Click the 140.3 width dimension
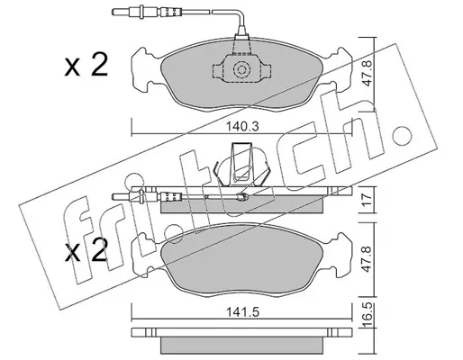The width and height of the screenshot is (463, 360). (242, 127)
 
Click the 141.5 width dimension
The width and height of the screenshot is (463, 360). (242, 312)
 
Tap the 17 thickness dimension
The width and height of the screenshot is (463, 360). (368, 200)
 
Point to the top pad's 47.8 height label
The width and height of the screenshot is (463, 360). (368, 74)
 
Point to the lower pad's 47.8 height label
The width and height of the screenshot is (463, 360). (368, 259)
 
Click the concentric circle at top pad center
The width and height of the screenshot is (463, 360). (241, 70)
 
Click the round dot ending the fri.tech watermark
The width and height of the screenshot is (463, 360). (399, 133)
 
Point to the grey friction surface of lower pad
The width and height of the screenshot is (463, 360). (242, 257)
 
